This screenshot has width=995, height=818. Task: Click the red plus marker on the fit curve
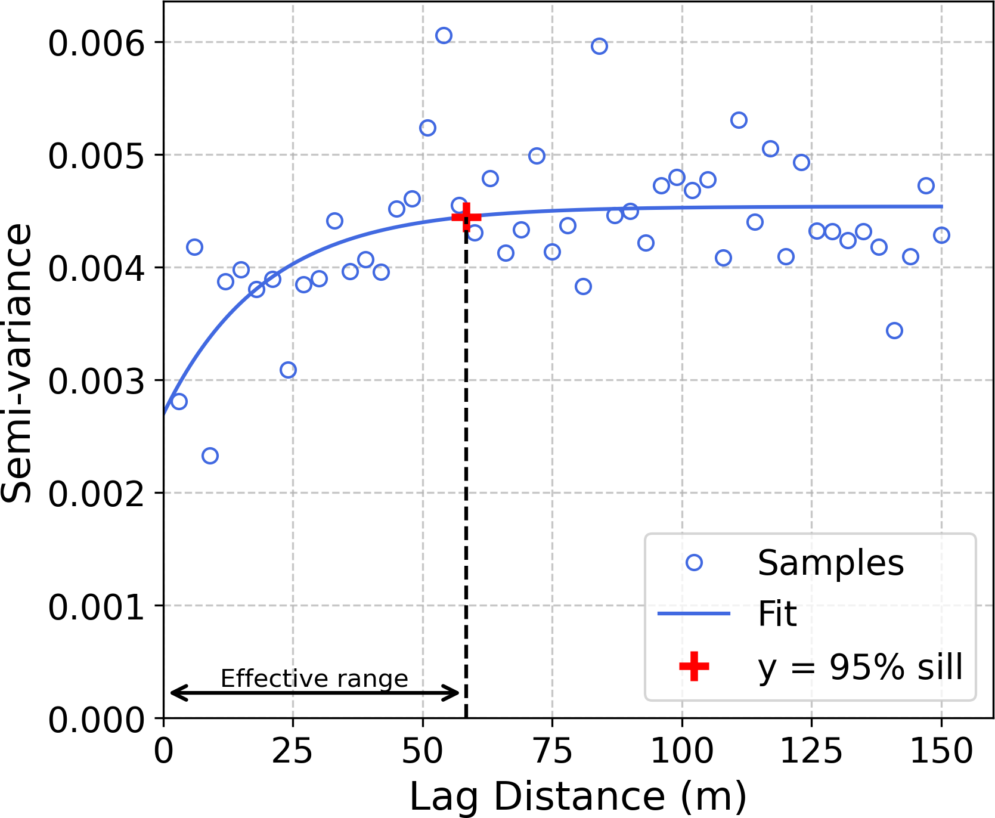(466, 216)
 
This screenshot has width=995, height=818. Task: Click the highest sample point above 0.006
(444, 36)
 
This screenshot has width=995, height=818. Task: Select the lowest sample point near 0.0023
(210, 456)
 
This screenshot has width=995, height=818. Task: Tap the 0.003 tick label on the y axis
(97, 381)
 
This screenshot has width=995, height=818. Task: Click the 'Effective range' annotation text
(314, 678)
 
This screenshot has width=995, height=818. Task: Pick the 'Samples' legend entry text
(830, 563)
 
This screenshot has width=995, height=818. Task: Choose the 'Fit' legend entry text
(777, 613)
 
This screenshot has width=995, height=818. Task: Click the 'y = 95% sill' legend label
(860, 666)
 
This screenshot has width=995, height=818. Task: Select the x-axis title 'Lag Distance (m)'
(578, 797)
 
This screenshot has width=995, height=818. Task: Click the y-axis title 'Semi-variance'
(16, 363)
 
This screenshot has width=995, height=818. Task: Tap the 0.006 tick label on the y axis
(97, 43)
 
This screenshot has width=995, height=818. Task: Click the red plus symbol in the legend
(694, 666)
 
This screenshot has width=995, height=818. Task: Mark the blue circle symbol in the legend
(694, 563)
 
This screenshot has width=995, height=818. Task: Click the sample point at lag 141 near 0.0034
(894, 331)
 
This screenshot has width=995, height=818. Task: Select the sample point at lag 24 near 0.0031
(288, 370)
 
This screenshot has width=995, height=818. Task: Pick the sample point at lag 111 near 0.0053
(739, 120)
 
